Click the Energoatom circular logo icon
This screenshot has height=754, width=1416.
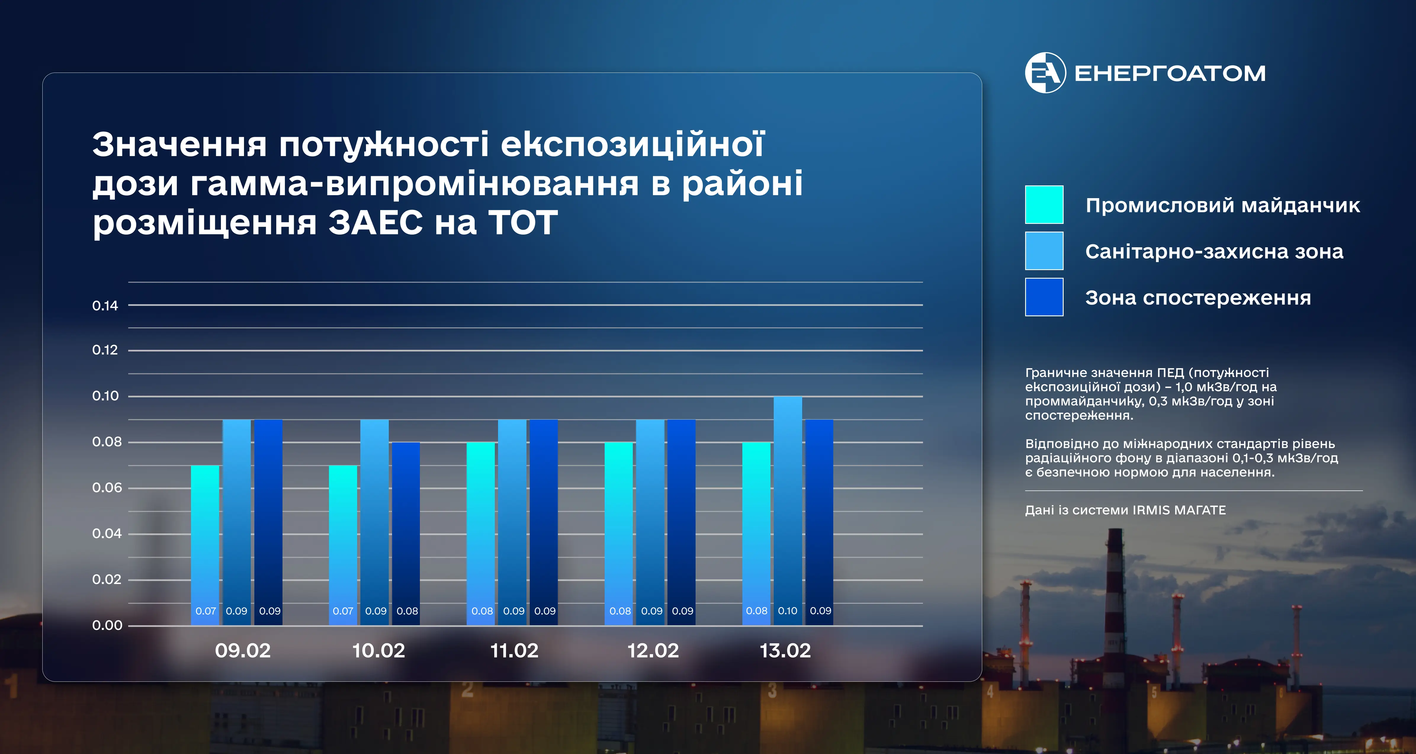click(x=1045, y=73)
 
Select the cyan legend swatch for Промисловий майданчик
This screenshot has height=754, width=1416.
click(x=1044, y=205)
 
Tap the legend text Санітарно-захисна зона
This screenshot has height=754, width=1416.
click(x=1214, y=251)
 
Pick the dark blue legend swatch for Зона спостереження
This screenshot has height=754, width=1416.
click(x=1044, y=297)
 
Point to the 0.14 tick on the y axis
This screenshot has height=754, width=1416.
click(x=105, y=306)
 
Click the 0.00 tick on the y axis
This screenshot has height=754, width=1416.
click(x=107, y=625)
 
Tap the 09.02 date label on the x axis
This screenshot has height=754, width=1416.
click(x=243, y=651)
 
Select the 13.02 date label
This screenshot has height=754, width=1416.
click(x=785, y=651)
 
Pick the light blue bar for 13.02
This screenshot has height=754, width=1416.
click(x=788, y=510)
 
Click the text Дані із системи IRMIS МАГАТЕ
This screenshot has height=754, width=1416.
click(x=1125, y=510)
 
